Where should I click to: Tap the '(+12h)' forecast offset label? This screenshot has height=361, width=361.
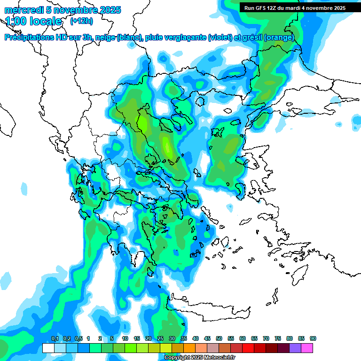click(x=81, y=21)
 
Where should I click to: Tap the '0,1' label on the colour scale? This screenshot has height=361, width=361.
click(x=55, y=339)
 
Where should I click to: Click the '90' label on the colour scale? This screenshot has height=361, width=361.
click(x=313, y=339)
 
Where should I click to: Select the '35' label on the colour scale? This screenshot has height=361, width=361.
click(x=184, y=339)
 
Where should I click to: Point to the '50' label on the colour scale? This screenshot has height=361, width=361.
click(x=219, y=339)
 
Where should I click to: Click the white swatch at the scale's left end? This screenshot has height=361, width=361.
click(x=48, y=348)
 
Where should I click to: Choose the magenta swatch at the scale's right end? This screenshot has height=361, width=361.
click(x=307, y=348)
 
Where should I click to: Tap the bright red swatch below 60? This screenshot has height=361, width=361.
click(x=248, y=348)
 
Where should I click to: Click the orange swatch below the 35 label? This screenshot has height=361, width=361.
click(x=189, y=348)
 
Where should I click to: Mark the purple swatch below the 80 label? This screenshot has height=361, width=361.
click(x=295, y=348)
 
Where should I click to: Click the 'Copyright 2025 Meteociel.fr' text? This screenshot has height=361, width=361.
click(x=200, y=357)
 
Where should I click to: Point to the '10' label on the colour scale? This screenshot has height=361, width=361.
click(x=125, y=339)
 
